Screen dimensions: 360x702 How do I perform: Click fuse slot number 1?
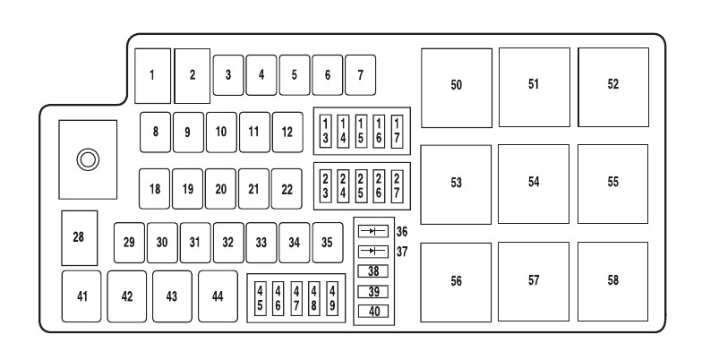click(152, 74)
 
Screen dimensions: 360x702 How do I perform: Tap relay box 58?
click(613, 279)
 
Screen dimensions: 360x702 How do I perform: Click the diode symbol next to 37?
click(372, 252)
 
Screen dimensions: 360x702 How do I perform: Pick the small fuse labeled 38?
click(372, 271)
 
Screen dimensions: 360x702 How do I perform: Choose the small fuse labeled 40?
click(372, 312)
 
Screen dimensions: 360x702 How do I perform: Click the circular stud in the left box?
click(88, 160)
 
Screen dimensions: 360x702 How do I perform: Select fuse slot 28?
click(79, 236)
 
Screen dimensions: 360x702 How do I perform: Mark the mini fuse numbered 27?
click(397, 185)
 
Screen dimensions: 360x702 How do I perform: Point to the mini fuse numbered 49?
click(332, 298)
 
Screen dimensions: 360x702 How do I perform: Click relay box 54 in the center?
click(535, 182)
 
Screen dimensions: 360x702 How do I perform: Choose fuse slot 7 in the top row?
click(360, 74)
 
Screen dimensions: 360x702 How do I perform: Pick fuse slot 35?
click(328, 242)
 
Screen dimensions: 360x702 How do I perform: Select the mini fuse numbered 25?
click(361, 185)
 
